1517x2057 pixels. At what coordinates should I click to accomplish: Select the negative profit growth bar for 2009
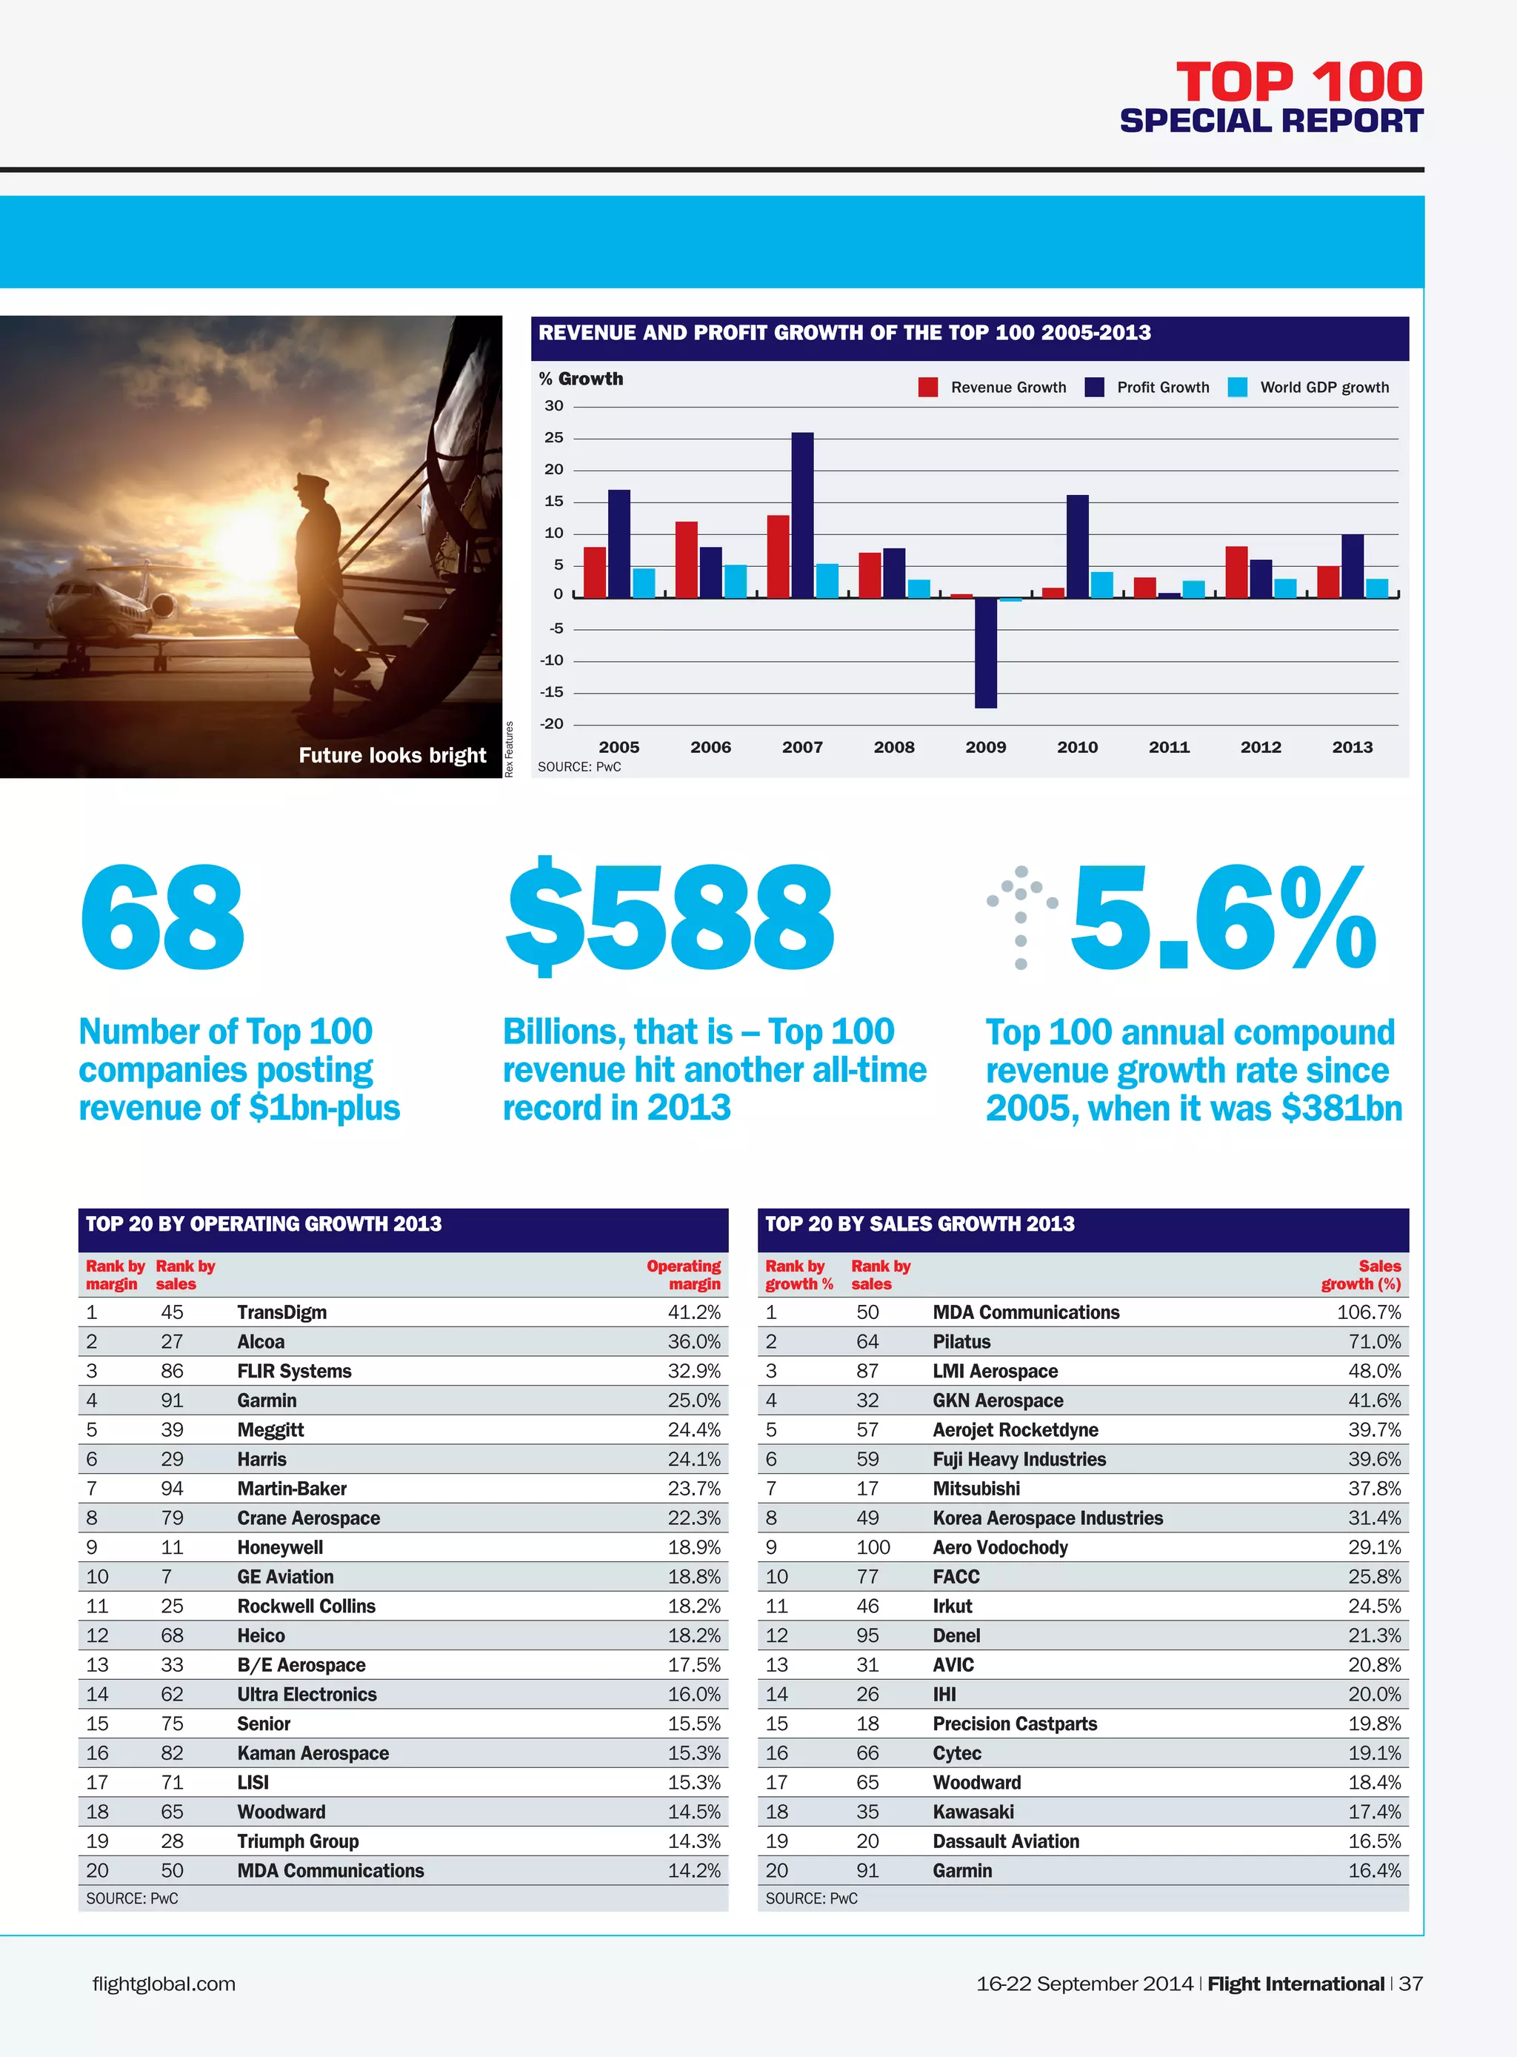coord(985,652)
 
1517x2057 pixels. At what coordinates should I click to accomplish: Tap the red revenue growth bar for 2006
coord(686,559)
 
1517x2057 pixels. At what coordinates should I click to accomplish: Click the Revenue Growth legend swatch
coord(927,387)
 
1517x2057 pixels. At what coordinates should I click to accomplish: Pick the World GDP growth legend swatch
coord(1237,387)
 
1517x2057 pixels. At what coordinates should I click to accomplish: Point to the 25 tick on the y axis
coord(554,437)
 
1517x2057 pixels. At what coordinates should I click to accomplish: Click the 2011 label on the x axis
coord(1168,747)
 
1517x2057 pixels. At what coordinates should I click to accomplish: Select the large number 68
coord(162,917)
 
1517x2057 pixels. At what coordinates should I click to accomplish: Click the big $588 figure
coord(670,917)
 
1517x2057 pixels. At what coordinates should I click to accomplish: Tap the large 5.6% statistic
coord(1223,917)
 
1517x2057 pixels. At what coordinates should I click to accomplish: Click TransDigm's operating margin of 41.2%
coord(693,1312)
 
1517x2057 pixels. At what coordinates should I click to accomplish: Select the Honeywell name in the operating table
coord(280,1547)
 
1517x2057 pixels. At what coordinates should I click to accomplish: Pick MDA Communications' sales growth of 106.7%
coord(1368,1312)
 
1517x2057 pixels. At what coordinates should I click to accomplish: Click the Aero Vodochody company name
coord(1000,1547)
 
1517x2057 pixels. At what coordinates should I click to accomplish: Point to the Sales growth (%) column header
coord(1361,1275)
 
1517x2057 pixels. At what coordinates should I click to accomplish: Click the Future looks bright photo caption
coord(392,755)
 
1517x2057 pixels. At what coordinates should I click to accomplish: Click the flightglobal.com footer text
coord(164,1984)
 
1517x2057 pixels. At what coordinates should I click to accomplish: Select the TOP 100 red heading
coord(1298,83)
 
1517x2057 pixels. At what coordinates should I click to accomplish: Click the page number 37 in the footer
coord(1410,1984)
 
